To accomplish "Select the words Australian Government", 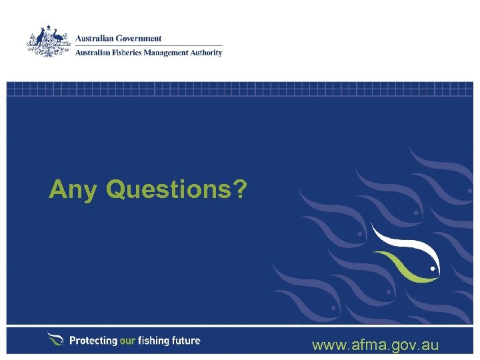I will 119,39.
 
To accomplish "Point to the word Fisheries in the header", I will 128,53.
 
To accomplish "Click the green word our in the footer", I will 128,341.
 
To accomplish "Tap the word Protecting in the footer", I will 93,341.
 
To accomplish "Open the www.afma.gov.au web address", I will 375,345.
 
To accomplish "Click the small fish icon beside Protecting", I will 55,339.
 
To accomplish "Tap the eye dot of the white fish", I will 432,270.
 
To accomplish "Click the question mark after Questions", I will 239,190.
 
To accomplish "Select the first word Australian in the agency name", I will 93,53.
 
